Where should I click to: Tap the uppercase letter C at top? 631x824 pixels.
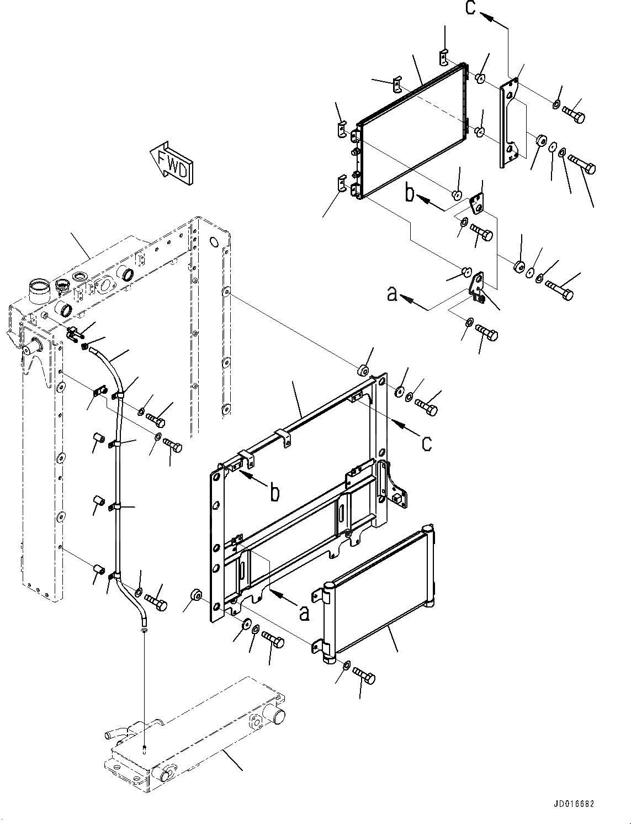click(470, 8)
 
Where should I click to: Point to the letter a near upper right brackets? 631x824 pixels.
click(392, 294)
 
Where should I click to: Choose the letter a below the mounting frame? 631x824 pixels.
click(303, 612)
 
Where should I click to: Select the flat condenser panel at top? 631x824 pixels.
click(411, 133)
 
